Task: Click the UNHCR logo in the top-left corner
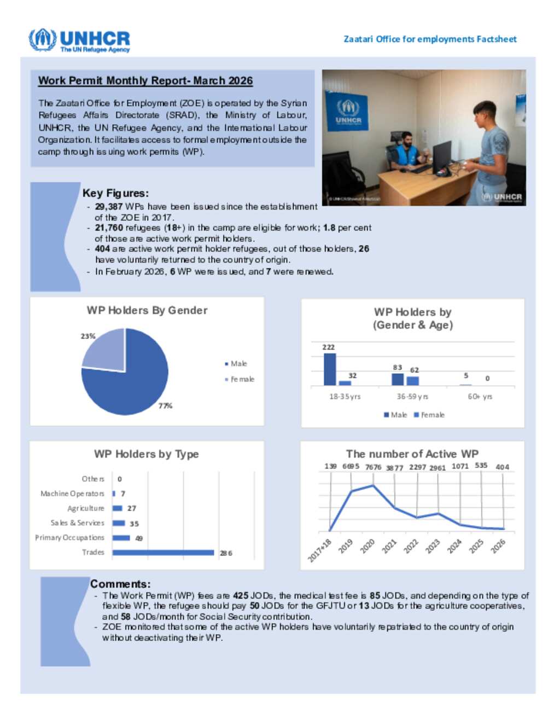point(79,40)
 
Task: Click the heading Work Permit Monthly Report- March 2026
point(145,81)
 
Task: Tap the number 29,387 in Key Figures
point(108,207)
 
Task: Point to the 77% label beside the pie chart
point(165,406)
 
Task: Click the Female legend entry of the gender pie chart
point(242,379)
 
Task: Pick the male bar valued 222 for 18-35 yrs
point(330,369)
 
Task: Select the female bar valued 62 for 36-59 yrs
point(413,381)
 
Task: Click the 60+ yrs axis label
point(480,397)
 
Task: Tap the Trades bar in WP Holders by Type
point(163,553)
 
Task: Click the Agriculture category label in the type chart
point(86,508)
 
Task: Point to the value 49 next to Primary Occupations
point(139,538)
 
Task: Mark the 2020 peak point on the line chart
point(374,485)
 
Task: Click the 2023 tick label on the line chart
point(433,546)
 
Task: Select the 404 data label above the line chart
point(502,467)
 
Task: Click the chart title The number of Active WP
point(412,454)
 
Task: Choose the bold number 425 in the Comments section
point(241,596)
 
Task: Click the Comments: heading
point(120,584)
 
